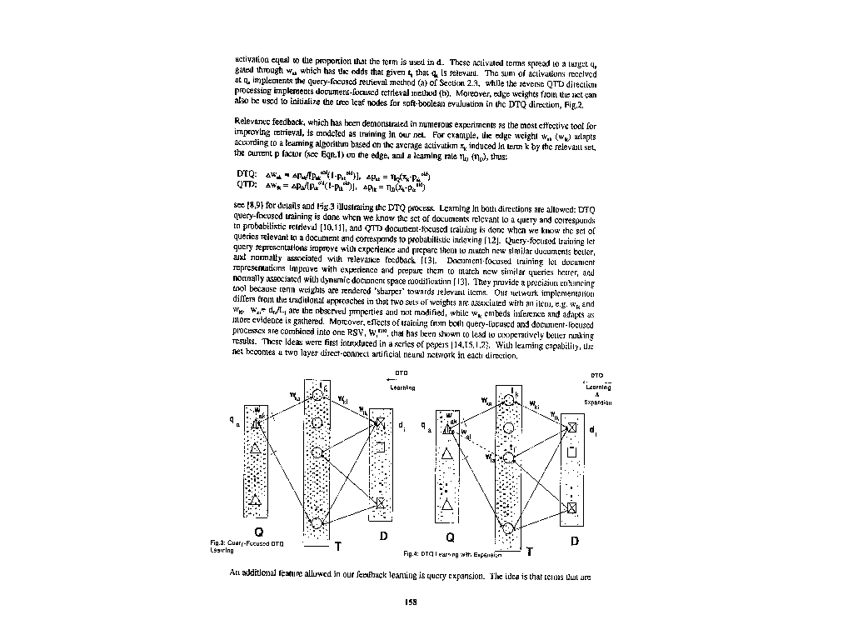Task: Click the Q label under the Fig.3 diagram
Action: (x=259, y=533)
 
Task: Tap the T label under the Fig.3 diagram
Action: (x=337, y=547)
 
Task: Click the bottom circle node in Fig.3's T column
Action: (x=317, y=522)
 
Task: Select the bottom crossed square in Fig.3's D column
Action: (x=380, y=503)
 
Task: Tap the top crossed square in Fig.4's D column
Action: (x=571, y=430)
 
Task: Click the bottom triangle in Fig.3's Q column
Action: (x=256, y=500)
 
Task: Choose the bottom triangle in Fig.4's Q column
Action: (x=447, y=505)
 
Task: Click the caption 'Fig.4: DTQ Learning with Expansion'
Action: (x=453, y=553)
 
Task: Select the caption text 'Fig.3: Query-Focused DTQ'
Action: (x=247, y=543)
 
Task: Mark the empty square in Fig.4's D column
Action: (x=571, y=453)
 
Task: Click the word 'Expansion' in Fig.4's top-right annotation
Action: (x=598, y=402)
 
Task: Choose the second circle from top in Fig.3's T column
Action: (x=317, y=424)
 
